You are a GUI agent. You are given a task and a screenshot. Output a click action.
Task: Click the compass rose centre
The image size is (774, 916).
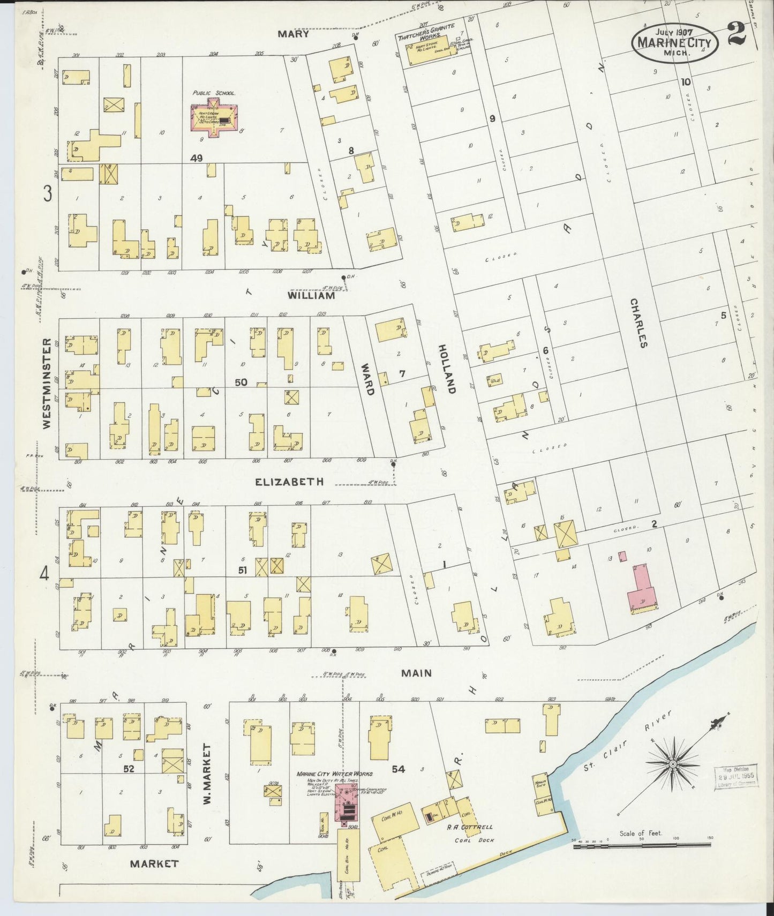point(672,764)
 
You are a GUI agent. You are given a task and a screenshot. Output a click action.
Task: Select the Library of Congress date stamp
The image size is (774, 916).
point(736,775)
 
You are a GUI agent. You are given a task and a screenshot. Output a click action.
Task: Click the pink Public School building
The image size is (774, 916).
point(214,119)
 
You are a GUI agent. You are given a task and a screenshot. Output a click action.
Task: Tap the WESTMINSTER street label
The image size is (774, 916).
point(47,383)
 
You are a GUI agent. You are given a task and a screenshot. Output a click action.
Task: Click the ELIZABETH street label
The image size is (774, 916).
point(289,482)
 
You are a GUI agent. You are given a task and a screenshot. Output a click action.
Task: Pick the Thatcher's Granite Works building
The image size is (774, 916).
point(431,54)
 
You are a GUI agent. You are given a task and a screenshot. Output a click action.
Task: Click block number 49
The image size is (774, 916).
point(196,158)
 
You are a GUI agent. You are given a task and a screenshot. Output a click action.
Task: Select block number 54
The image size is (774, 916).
point(398,769)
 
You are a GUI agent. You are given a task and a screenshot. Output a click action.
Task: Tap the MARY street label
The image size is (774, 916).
point(293,34)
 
